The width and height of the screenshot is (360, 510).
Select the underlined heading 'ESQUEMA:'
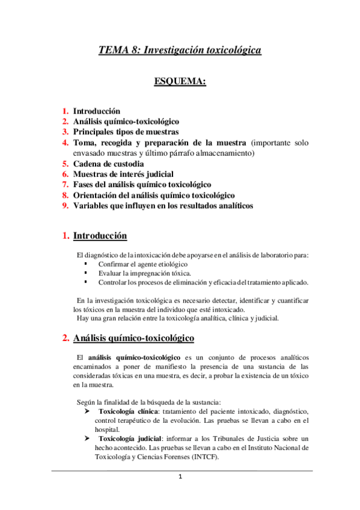pyautogui.click(x=180, y=81)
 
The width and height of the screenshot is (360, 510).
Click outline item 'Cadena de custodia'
pyautogui.click(x=108, y=164)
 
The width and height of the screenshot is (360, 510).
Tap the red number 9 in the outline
pyautogui.click(x=66, y=206)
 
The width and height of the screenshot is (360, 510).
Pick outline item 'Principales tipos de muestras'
pyautogui.click(x=126, y=132)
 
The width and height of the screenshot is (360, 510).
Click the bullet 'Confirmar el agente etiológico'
pyautogui.click(x=143, y=264)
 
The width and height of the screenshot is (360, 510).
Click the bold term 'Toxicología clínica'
pyautogui.click(x=125, y=411)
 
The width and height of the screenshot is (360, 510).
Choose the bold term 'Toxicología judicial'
pyautogui.click(x=126, y=438)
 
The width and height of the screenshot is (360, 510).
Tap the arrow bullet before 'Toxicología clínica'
pyautogui.click(x=87, y=411)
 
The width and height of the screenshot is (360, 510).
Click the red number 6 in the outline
pyautogui.click(x=66, y=174)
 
